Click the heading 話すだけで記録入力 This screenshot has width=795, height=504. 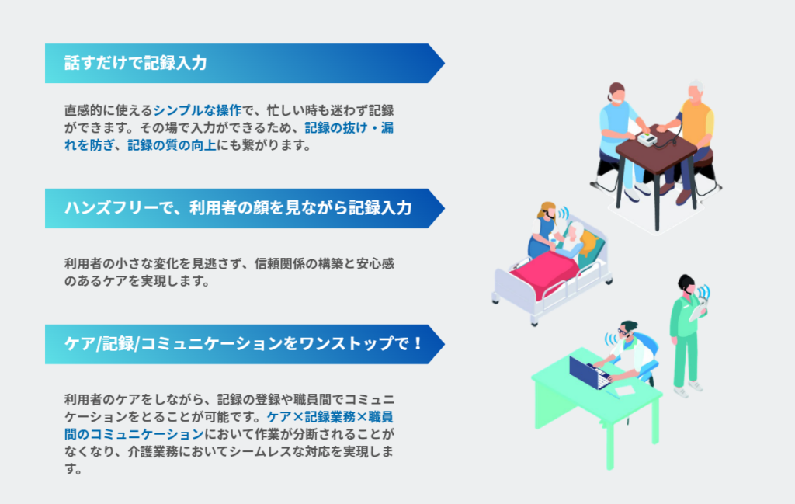point(135,64)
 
